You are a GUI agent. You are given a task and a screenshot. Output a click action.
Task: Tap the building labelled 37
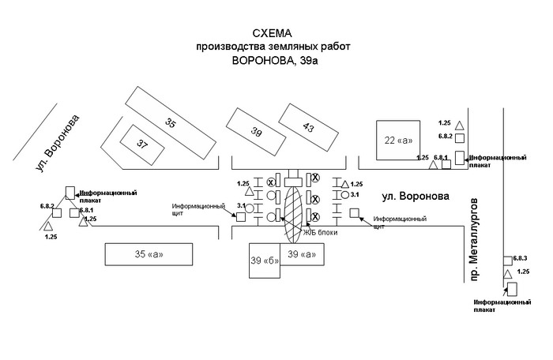click(x=142, y=144)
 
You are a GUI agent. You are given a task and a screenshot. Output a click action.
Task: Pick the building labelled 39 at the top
click(x=255, y=131)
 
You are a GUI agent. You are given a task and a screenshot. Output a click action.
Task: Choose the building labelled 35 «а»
click(x=149, y=253)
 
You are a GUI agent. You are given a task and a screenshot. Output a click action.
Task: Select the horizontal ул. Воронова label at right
click(x=415, y=195)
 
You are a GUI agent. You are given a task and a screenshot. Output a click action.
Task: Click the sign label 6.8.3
click(x=520, y=258)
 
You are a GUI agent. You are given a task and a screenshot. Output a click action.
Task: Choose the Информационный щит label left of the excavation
click(x=193, y=210)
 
